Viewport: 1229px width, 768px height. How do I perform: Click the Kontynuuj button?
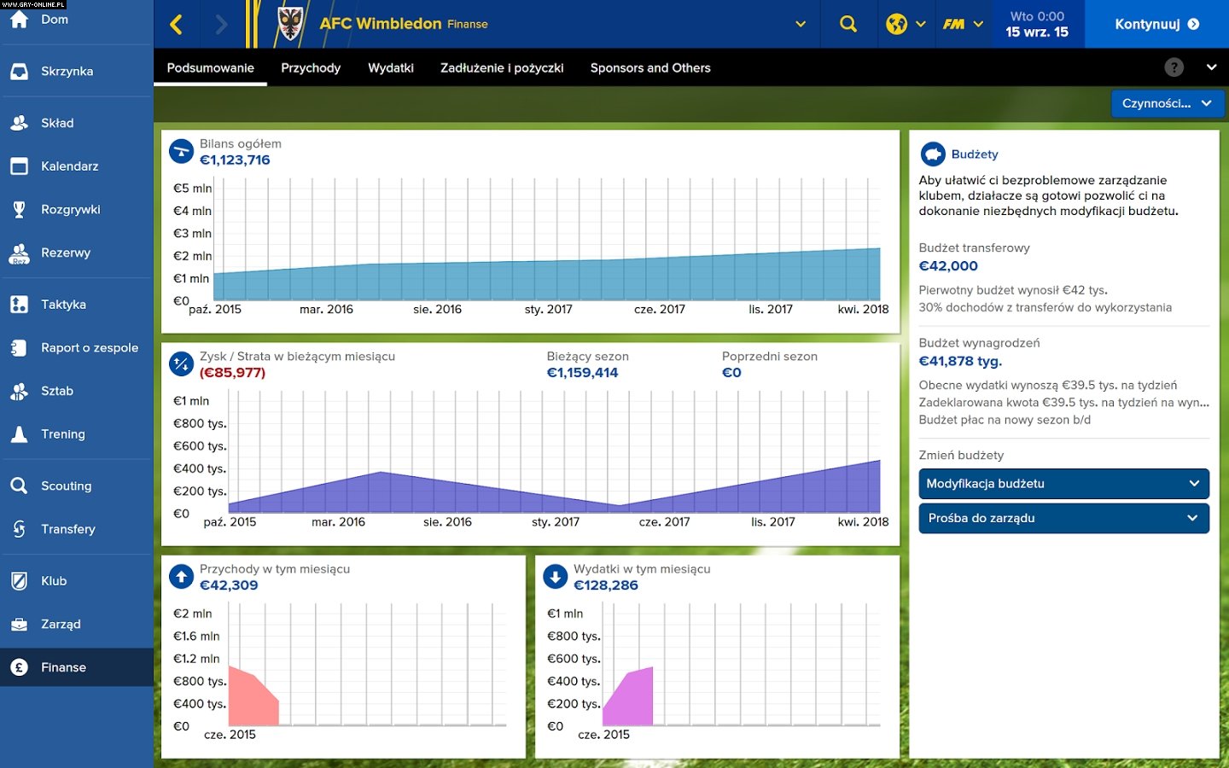pos(1156,24)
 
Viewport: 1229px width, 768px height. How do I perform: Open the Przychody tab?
pos(311,68)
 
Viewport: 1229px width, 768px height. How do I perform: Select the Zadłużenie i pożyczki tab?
pos(502,68)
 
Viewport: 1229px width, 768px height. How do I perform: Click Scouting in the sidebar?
pos(66,486)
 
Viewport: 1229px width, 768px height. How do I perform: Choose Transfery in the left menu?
pos(67,529)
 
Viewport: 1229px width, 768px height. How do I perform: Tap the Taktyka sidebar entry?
pos(63,305)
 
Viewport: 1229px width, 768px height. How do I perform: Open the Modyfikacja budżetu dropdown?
pos(1063,484)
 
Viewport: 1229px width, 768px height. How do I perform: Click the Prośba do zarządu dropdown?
pos(1063,518)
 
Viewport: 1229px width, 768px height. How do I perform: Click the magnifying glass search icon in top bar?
pos(847,24)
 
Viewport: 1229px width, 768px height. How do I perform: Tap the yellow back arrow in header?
pos(177,24)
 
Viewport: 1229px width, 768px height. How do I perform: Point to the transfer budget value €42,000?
pos(948,266)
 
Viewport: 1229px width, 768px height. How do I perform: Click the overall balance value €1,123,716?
pos(235,160)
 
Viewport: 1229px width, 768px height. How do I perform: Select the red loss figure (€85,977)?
pos(232,373)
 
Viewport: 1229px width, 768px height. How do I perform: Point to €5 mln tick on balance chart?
pos(192,189)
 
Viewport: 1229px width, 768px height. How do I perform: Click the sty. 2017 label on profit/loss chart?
pos(555,522)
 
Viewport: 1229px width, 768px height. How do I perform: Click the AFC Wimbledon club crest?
pos(290,24)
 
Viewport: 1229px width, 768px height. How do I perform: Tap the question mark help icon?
pos(1174,67)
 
